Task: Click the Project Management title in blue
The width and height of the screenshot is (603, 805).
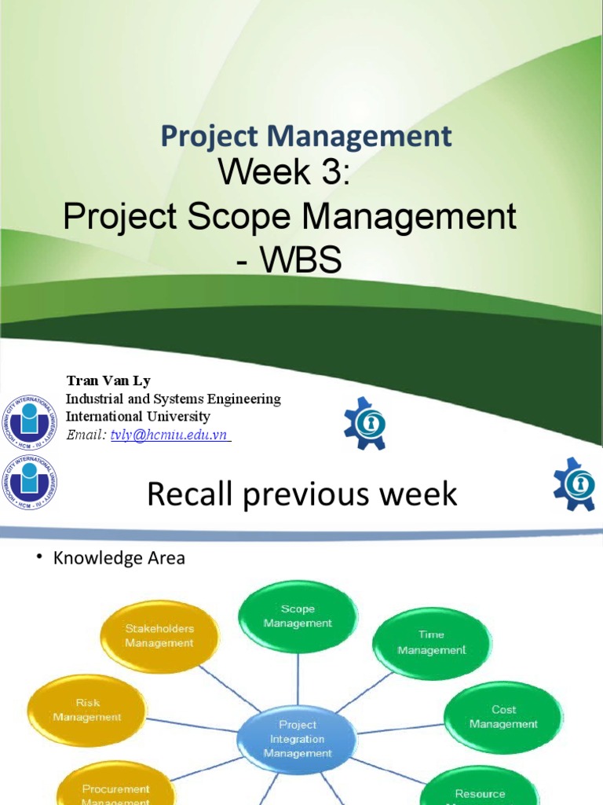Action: click(x=306, y=137)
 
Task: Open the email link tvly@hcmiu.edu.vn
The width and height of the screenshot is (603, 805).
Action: click(x=170, y=435)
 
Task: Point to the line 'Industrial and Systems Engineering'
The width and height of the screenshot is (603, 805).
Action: click(x=173, y=399)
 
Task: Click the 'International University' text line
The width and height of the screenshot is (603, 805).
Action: click(x=137, y=417)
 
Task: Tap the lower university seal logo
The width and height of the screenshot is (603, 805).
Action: click(x=29, y=481)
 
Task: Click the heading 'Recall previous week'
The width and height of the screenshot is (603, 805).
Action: click(x=302, y=494)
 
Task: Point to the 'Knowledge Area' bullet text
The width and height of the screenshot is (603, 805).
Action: click(x=119, y=559)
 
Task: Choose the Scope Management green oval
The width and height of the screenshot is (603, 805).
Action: click(x=298, y=616)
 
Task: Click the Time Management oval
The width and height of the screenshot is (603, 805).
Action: click(x=431, y=642)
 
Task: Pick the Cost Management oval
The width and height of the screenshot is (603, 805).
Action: click(x=503, y=717)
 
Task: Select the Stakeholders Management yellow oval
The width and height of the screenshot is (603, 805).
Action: click(x=159, y=636)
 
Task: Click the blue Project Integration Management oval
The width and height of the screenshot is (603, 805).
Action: click(x=298, y=739)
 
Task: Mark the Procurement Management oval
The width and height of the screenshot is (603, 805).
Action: click(x=116, y=790)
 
